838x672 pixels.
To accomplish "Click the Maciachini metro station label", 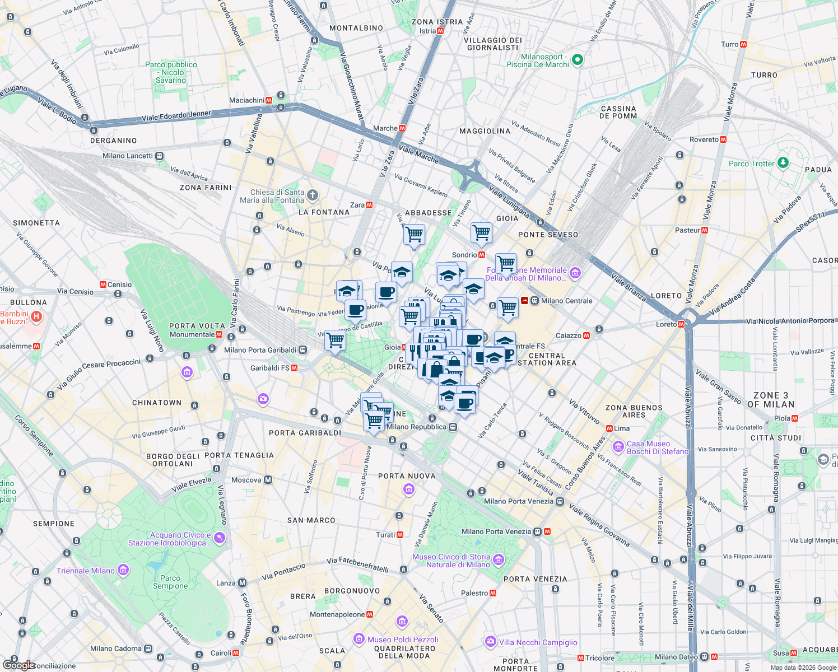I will (x=246, y=101).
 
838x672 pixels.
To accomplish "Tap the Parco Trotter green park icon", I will (x=783, y=163).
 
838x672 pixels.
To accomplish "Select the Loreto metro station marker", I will (x=681, y=324).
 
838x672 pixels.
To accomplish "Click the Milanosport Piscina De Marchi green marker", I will (x=578, y=59).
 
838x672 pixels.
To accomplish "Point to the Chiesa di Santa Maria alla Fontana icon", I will (x=313, y=195).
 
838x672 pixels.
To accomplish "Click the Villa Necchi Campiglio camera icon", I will (x=491, y=642).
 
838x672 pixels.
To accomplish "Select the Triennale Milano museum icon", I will (x=123, y=571).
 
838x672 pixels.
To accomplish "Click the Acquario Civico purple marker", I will (x=219, y=538).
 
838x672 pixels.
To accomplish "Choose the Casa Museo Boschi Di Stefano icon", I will (x=618, y=447).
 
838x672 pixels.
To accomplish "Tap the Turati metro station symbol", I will (x=400, y=535).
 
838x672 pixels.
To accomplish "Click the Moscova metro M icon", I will (x=268, y=480).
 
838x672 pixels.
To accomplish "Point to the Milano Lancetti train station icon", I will (x=160, y=156).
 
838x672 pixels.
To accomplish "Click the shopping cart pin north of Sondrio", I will (x=481, y=232).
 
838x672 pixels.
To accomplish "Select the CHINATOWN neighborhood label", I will (x=157, y=403).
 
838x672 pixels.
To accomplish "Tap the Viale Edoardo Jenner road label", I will (x=176, y=116).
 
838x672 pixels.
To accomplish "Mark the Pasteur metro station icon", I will (x=705, y=230).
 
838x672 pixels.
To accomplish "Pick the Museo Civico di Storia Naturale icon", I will (x=499, y=560).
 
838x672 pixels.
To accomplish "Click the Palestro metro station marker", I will (x=493, y=593).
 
